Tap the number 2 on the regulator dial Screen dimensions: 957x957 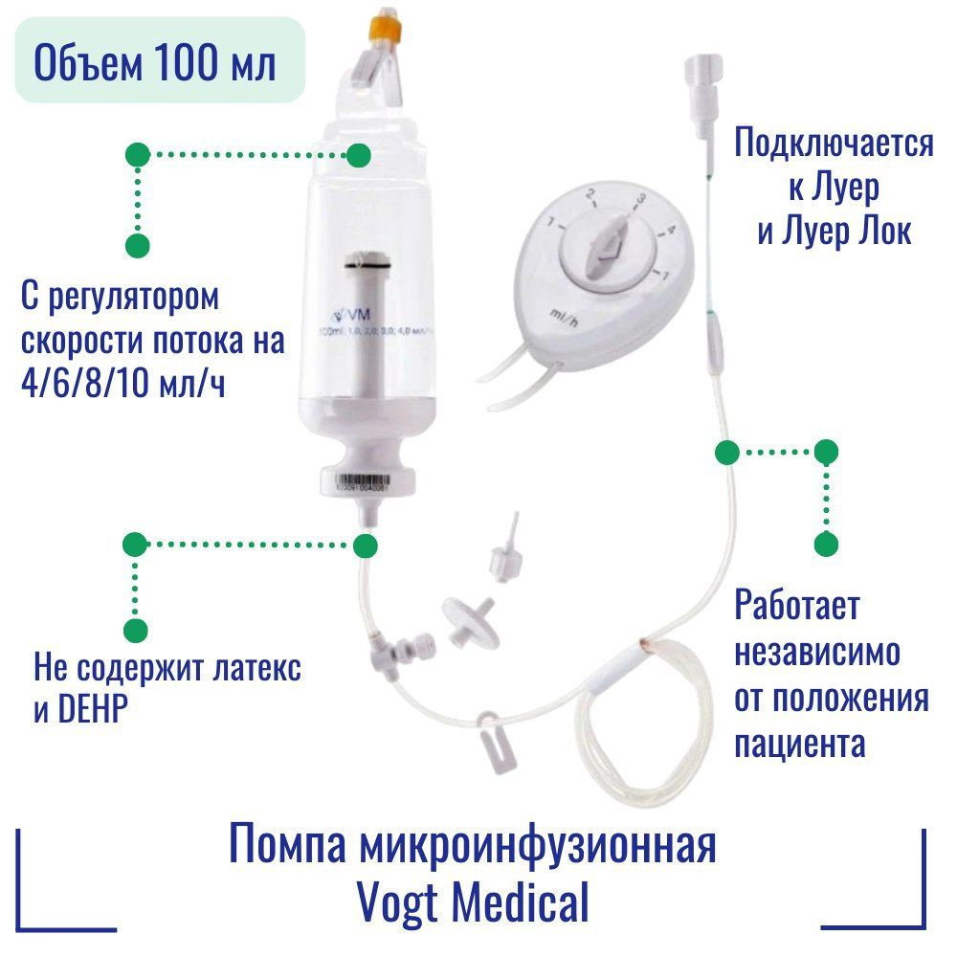[x=591, y=196]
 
